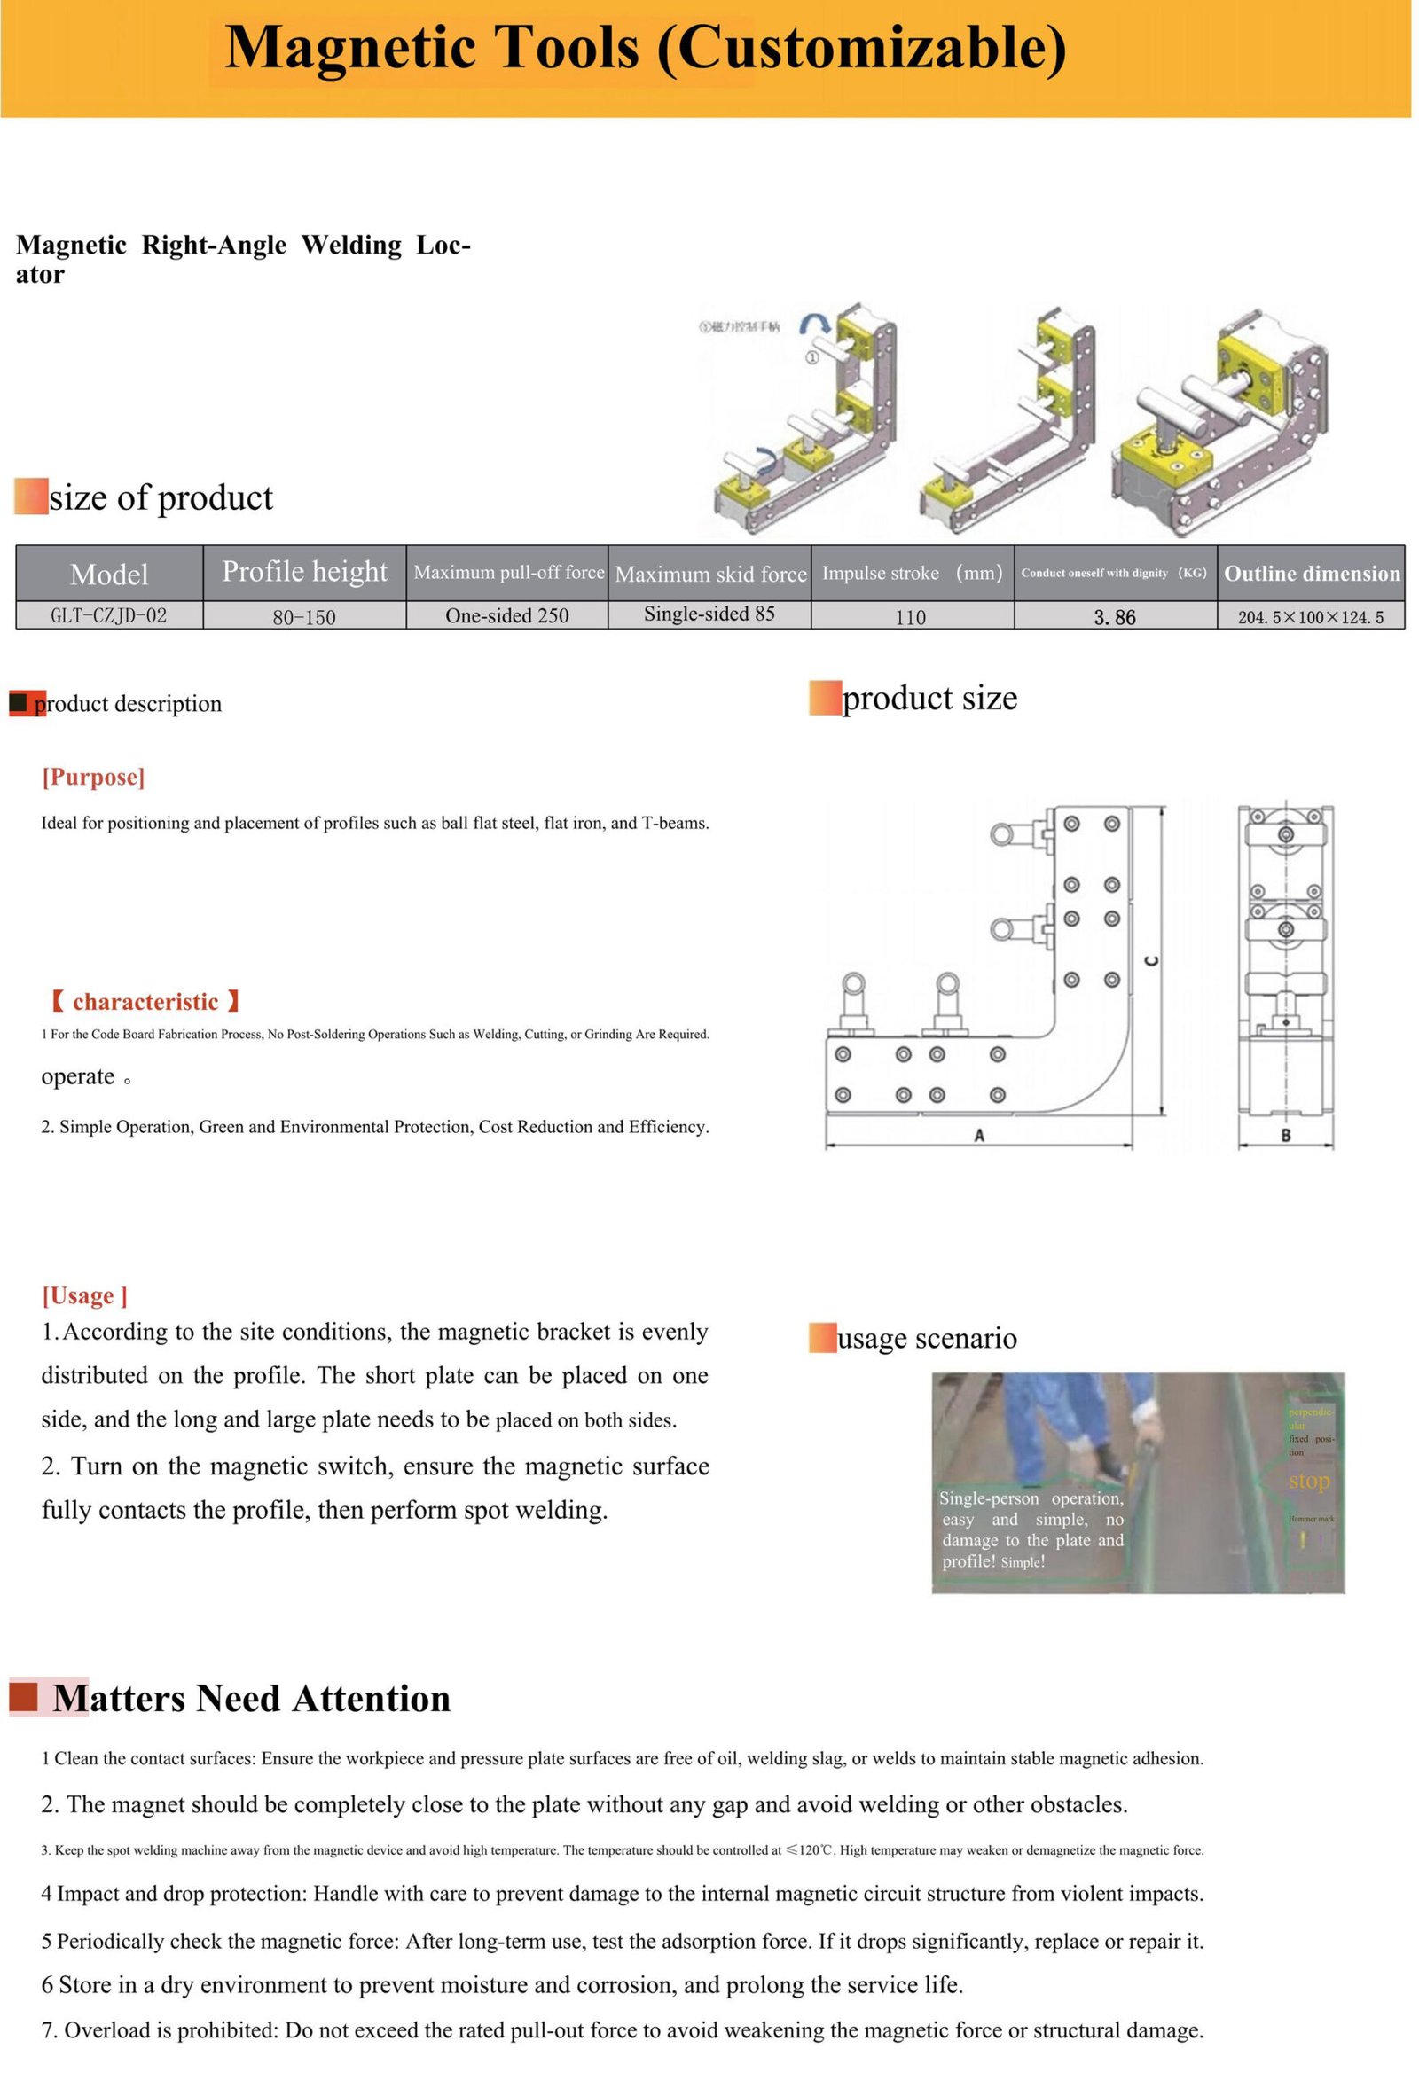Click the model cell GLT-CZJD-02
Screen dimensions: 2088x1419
coord(109,616)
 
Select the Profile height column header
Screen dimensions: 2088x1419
coord(305,572)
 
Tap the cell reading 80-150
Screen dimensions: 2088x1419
coord(305,617)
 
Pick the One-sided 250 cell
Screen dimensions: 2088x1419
coord(508,616)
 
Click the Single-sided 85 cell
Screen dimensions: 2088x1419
coord(710,614)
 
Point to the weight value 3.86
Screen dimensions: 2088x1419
coord(1116,617)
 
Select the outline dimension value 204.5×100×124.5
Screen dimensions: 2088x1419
coord(1311,617)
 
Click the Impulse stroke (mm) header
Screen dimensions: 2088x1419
coord(912,574)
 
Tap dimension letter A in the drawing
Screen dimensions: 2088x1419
coord(979,1137)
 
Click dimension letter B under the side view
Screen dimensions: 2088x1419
coord(1286,1137)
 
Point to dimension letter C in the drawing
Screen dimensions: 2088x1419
coord(1152,961)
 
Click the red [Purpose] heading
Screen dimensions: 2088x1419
coord(93,778)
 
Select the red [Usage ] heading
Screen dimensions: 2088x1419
coord(84,1296)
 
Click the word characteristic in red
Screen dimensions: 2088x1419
coord(145,1003)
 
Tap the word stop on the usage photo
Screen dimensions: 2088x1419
coord(1308,1482)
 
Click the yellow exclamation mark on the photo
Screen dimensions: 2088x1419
coord(1303,1541)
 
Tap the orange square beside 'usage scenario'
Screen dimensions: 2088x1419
coord(822,1338)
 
